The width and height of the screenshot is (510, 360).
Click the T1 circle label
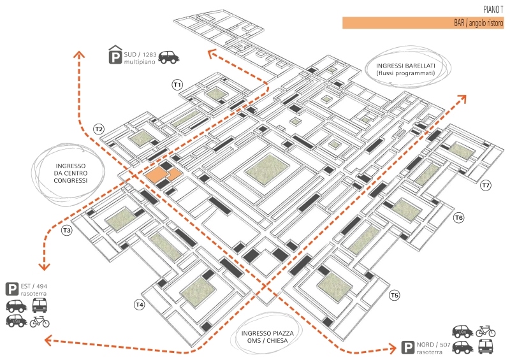click(177, 84)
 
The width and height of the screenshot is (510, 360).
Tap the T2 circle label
click(99, 129)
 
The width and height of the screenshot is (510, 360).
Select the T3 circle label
click(67, 230)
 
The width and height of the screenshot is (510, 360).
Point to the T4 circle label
click(139, 305)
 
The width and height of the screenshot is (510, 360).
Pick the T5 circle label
click(395, 295)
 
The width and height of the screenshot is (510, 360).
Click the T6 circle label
click(458, 219)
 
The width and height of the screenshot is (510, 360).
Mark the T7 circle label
click(486, 185)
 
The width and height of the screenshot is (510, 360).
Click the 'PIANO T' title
click(493, 9)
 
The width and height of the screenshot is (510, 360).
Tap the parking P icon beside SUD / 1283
click(115, 56)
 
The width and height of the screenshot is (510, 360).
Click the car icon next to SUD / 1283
click(168, 57)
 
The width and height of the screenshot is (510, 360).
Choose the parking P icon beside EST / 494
click(12, 289)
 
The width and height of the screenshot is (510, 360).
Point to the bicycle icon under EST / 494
click(40, 321)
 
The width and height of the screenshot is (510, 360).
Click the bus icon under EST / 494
click(40, 305)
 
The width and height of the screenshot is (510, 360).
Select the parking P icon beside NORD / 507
click(407, 348)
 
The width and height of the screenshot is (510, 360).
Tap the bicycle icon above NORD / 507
click(486, 331)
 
